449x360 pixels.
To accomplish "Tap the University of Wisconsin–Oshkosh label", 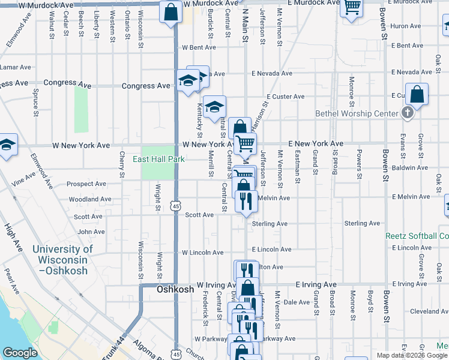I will (x=62, y=259).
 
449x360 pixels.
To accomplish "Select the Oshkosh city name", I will (x=175, y=289).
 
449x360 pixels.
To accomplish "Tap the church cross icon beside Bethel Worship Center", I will (x=408, y=113).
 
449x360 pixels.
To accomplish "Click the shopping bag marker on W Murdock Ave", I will (x=171, y=11).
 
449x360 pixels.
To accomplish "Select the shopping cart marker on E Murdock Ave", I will (x=351, y=7).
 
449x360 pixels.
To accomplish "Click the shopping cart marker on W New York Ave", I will (x=245, y=144).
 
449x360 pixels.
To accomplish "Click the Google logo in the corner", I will (x=20, y=353).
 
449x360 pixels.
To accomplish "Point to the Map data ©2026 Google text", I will (x=412, y=355).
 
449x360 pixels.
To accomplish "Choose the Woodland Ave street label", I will (x=89, y=199).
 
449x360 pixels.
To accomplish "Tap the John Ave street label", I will (x=91, y=232).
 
